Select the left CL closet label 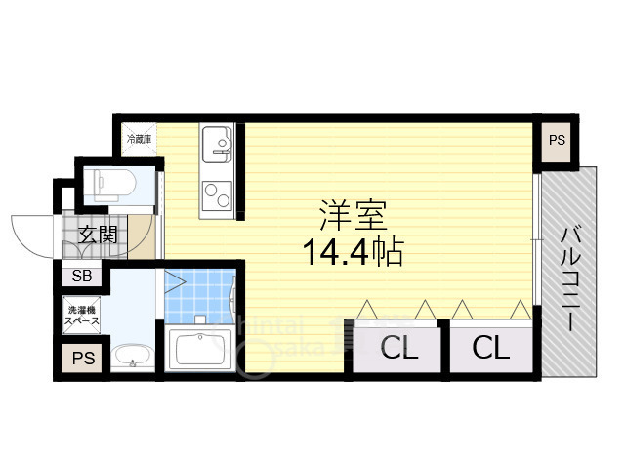(x=398, y=348)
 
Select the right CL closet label (x=491, y=348)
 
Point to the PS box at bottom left (x=82, y=358)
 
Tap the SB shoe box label (x=82, y=277)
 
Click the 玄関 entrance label (x=98, y=235)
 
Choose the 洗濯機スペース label (x=82, y=314)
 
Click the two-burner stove (x=215, y=196)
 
